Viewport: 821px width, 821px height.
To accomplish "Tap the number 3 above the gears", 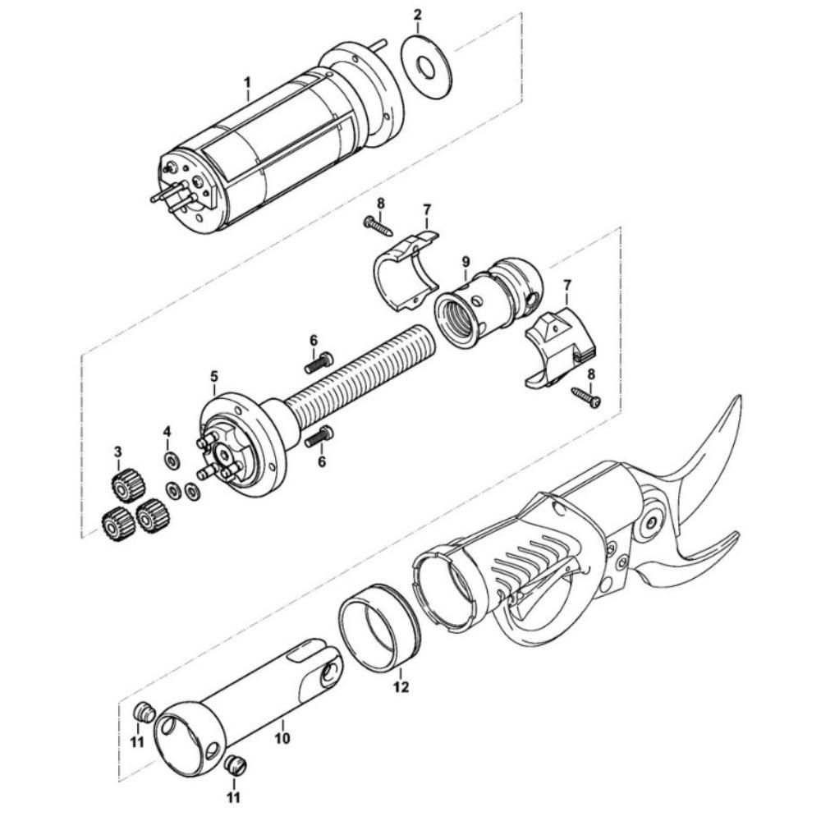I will tap(117, 452).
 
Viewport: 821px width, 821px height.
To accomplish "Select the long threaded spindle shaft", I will tap(361, 369).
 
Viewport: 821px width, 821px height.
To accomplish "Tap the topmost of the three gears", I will tap(126, 485).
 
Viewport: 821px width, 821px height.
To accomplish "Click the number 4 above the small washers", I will tap(167, 431).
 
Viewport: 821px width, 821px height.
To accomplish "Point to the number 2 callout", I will tap(418, 15).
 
